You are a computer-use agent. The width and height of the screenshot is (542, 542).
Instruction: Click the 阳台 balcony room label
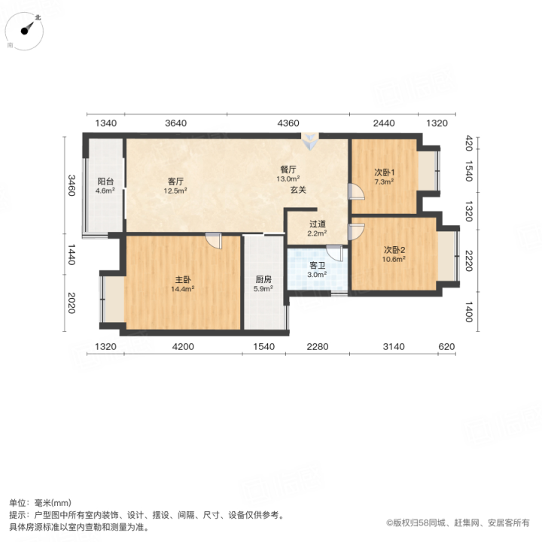tap(105, 181)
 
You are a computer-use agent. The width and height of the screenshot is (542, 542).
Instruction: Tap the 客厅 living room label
tap(175, 181)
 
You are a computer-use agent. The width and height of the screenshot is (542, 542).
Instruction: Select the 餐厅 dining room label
tap(288, 169)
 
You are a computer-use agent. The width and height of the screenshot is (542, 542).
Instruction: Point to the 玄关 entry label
tap(298, 190)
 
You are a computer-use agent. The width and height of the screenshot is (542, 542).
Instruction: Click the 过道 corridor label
tap(318, 224)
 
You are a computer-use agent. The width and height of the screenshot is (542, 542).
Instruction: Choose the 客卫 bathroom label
tap(318, 266)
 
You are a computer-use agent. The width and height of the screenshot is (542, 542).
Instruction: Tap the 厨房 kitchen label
tap(263, 279)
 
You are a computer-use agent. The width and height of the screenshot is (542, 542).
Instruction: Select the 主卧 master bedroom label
tap(182, 279)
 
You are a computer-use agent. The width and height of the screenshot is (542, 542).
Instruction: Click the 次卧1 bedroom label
tap(385, 172)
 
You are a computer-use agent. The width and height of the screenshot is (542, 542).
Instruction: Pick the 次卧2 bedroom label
tap(394, 250)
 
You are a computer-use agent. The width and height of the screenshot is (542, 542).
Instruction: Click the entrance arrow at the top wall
tap(310, 142)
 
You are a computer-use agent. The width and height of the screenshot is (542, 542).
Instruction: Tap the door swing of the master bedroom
tap(214, 241)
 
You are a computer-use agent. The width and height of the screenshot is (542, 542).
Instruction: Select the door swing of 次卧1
tap(356, 191)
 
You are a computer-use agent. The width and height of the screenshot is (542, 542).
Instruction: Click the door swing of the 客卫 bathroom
tap(334, 253)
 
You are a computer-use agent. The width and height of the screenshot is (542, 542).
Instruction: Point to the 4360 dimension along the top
tap(288, 123)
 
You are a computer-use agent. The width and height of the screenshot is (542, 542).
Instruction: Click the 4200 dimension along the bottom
tap(183, 347)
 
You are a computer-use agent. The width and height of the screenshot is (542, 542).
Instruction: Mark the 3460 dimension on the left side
tap(72, 185)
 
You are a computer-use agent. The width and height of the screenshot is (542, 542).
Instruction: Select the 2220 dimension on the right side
tap(469, 261)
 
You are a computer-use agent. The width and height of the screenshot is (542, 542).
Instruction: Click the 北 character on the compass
tap(38, 17)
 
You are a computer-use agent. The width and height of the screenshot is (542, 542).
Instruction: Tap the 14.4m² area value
tap(182, 289)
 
